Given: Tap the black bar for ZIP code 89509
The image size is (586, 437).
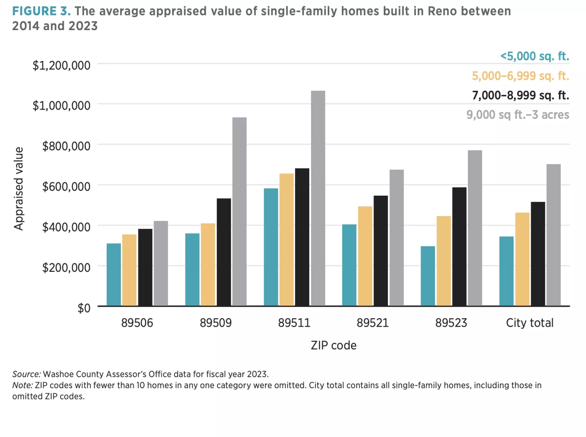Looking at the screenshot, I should [223, 252].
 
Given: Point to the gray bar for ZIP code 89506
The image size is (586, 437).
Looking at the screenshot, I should [161, 263].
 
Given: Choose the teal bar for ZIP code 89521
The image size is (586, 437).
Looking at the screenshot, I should [349, 265].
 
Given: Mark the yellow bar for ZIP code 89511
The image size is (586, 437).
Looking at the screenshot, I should [286, 240].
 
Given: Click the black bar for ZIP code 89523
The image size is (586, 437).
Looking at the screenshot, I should [459, 247].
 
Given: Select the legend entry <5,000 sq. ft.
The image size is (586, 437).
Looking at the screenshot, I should [534, 56].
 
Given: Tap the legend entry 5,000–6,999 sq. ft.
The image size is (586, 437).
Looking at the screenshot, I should [520, 76].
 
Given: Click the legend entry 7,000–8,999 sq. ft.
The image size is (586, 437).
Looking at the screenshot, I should [520, 95].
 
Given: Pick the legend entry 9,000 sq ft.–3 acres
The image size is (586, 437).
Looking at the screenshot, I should [518, 115].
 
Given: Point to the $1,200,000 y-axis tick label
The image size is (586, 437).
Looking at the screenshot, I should [61, 65].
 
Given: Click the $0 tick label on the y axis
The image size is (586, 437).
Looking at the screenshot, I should [84, 308].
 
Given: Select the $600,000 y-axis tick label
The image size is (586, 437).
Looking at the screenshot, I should [66, 186].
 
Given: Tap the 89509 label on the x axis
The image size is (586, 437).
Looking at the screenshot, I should [216, 323].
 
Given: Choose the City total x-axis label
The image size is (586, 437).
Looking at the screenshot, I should [529, 323].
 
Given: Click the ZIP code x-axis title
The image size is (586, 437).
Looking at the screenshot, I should [333, 345].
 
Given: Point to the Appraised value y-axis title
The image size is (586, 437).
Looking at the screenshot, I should [18, 188].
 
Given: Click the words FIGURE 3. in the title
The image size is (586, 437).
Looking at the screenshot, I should [41, 11].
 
